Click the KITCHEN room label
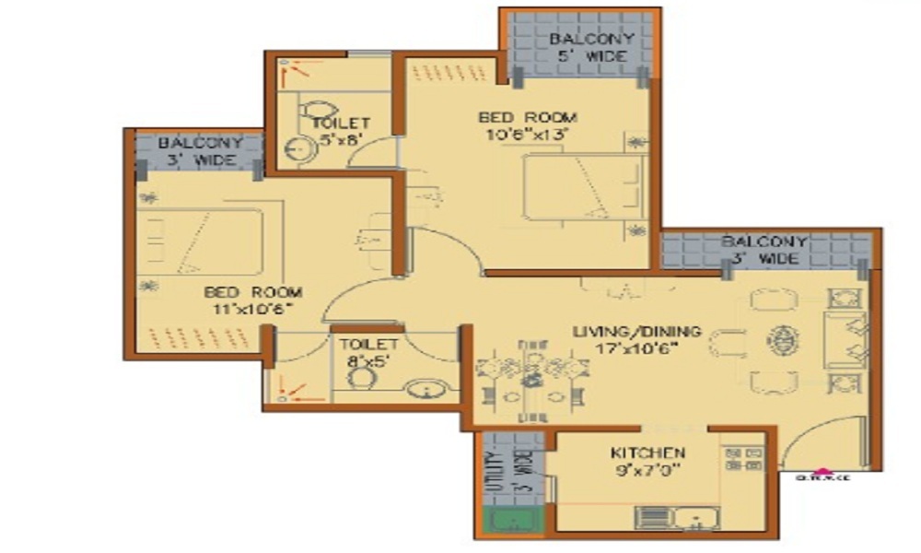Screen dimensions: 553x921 (x=647, y=453)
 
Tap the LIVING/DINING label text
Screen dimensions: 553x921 (x=636, y=331)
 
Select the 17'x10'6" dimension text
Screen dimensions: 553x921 (x=637, y=348)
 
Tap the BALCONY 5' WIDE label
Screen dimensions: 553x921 (x=591, y=47)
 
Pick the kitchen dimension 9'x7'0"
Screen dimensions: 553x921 (x=648, y=470)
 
